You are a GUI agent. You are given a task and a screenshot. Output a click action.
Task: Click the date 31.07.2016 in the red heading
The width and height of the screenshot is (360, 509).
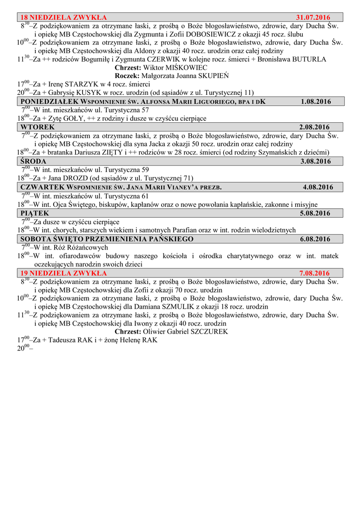(313, 17)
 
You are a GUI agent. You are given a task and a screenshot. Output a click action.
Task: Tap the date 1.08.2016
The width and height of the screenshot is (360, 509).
(316, 101)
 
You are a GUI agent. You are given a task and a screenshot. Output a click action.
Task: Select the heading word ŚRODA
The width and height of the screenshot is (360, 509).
(34, 161)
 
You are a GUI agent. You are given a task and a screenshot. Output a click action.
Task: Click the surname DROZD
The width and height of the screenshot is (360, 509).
(73, 178)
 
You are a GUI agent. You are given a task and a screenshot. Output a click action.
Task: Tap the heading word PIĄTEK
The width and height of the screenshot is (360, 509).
(35, 213)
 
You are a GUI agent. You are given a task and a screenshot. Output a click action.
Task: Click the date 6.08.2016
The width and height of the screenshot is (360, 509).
(315, 239)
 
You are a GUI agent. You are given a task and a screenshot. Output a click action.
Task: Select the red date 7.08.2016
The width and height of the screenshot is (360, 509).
(315, 273)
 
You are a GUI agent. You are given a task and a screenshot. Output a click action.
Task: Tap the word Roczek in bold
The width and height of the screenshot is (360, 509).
(127, 76)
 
